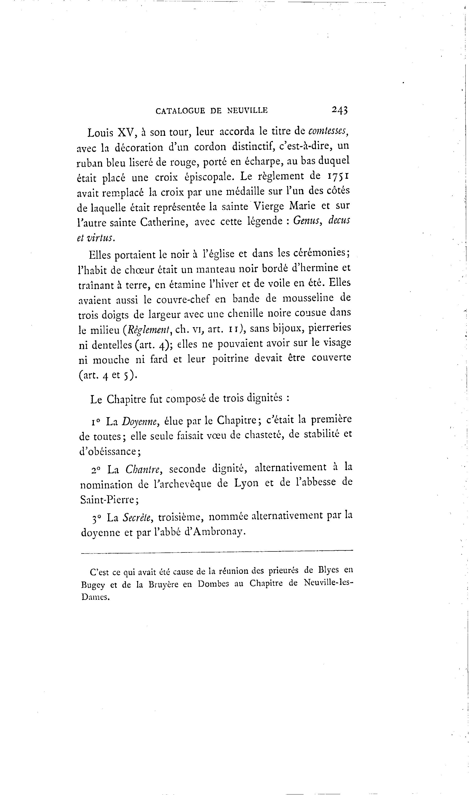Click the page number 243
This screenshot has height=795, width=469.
coord(339,110)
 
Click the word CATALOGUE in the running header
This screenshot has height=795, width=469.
coord(180,111)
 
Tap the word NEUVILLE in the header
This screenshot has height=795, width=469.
coord(247,111)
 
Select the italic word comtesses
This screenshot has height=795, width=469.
coord(328,131)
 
